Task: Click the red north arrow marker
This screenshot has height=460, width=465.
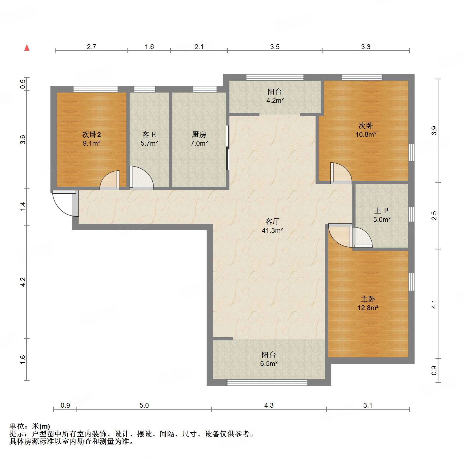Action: pos(27,48)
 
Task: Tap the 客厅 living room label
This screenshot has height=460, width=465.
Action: pos(272,221)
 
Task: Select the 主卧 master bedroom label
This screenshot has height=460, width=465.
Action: pos(368,299)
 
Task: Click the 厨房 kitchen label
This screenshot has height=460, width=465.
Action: pos(199,134)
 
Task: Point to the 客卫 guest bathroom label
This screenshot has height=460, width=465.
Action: pos(149,134)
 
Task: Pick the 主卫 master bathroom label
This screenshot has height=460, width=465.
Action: pos(382,211)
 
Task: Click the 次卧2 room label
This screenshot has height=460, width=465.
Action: pos(91,134)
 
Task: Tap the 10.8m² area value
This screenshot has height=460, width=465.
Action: pos(366,134)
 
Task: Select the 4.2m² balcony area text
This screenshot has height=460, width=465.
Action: pos(275,101)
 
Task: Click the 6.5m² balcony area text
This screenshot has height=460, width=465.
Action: pos(269,364)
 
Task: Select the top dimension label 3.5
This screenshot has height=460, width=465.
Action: pos(275,47)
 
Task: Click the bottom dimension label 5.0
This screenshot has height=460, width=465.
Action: pos(144,405)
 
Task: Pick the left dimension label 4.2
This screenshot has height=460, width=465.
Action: pos(23,282)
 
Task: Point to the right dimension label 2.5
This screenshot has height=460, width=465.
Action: pos(434,216)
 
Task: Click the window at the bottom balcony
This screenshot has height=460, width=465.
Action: pos(267,382)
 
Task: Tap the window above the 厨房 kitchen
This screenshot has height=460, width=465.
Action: pos(205,89)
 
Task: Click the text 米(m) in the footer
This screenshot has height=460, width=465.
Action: pos(41,426)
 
